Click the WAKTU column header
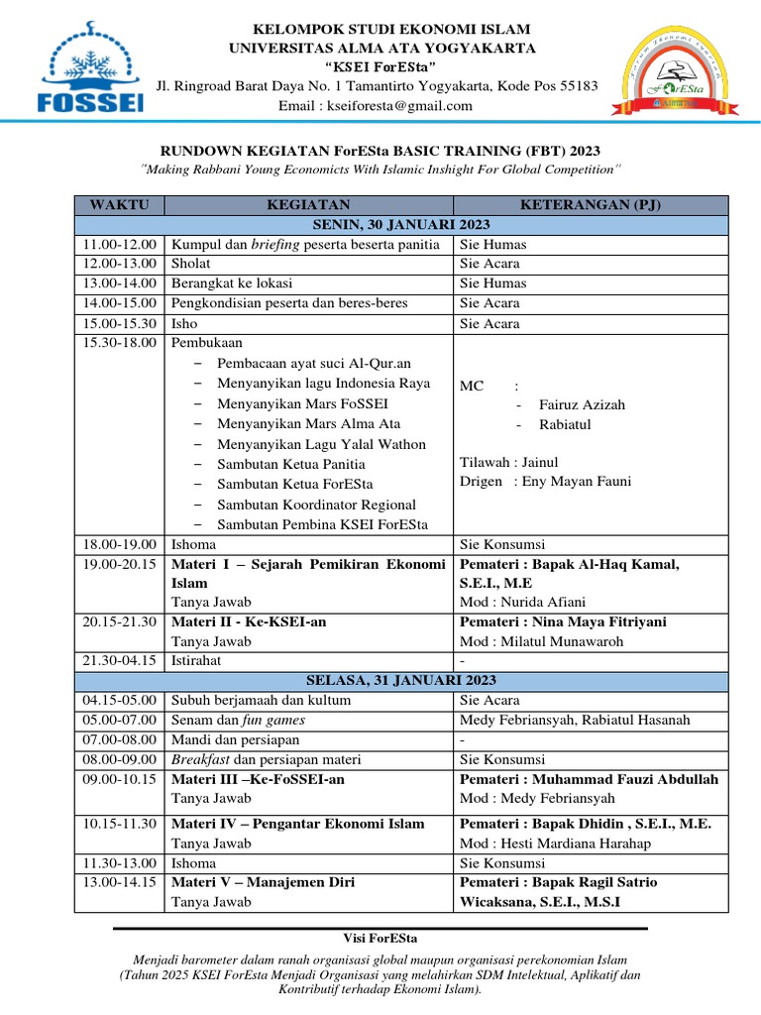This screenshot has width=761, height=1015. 119,205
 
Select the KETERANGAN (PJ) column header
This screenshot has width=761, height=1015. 591,205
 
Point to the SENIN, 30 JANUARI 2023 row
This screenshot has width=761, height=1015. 401,225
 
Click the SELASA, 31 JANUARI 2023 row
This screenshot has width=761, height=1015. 401,680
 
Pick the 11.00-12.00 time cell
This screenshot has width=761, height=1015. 118,244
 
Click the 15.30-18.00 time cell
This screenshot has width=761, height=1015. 118,343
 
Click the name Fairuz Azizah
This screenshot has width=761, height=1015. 582,404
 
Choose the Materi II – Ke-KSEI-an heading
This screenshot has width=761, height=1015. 249,621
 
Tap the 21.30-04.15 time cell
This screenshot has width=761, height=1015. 118,660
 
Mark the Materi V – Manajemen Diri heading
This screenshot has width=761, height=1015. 264,882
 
